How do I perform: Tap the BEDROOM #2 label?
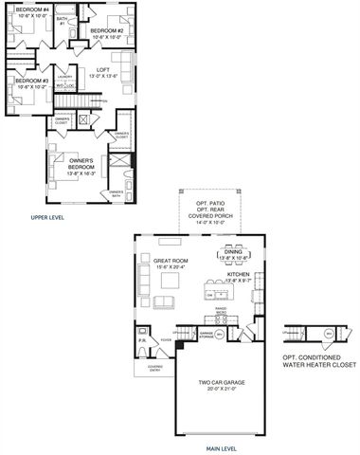tap(107, 32)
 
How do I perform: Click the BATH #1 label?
tap(62, 20)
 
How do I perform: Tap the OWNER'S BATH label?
tap(117, 194)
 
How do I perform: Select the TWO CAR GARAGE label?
tap(219, 385)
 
